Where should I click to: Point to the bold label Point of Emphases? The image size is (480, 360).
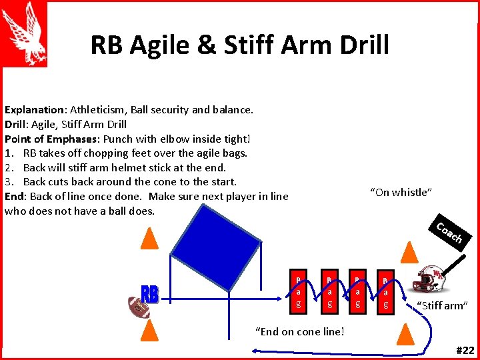pyautogui.click(x=50, y=139)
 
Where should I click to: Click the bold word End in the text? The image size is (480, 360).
pyautogui.click(x=13, y=196)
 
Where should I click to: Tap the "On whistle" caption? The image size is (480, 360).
pyautogui.click(x=401, y=193)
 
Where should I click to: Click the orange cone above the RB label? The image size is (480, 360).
pyautogui.click(x=151, y=237)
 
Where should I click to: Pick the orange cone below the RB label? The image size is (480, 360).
pyautogui.click(x=151, y=330)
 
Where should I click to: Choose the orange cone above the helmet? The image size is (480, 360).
pyautogui.click(x=411, y=251)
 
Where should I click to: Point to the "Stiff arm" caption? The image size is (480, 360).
pyautogui.click(x=442, y=306)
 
